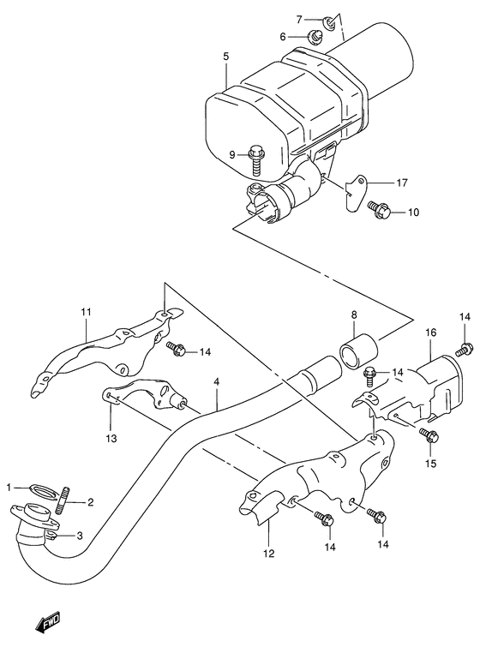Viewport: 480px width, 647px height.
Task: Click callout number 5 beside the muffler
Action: [x=225, y=57]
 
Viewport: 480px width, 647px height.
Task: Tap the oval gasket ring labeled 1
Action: [x=40, y=489]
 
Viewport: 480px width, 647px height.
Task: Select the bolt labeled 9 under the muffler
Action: [x=256, y=155]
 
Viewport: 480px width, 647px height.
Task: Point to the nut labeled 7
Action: [x=329, y=18]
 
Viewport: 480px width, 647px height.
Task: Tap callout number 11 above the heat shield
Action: [x=85, y=312]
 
